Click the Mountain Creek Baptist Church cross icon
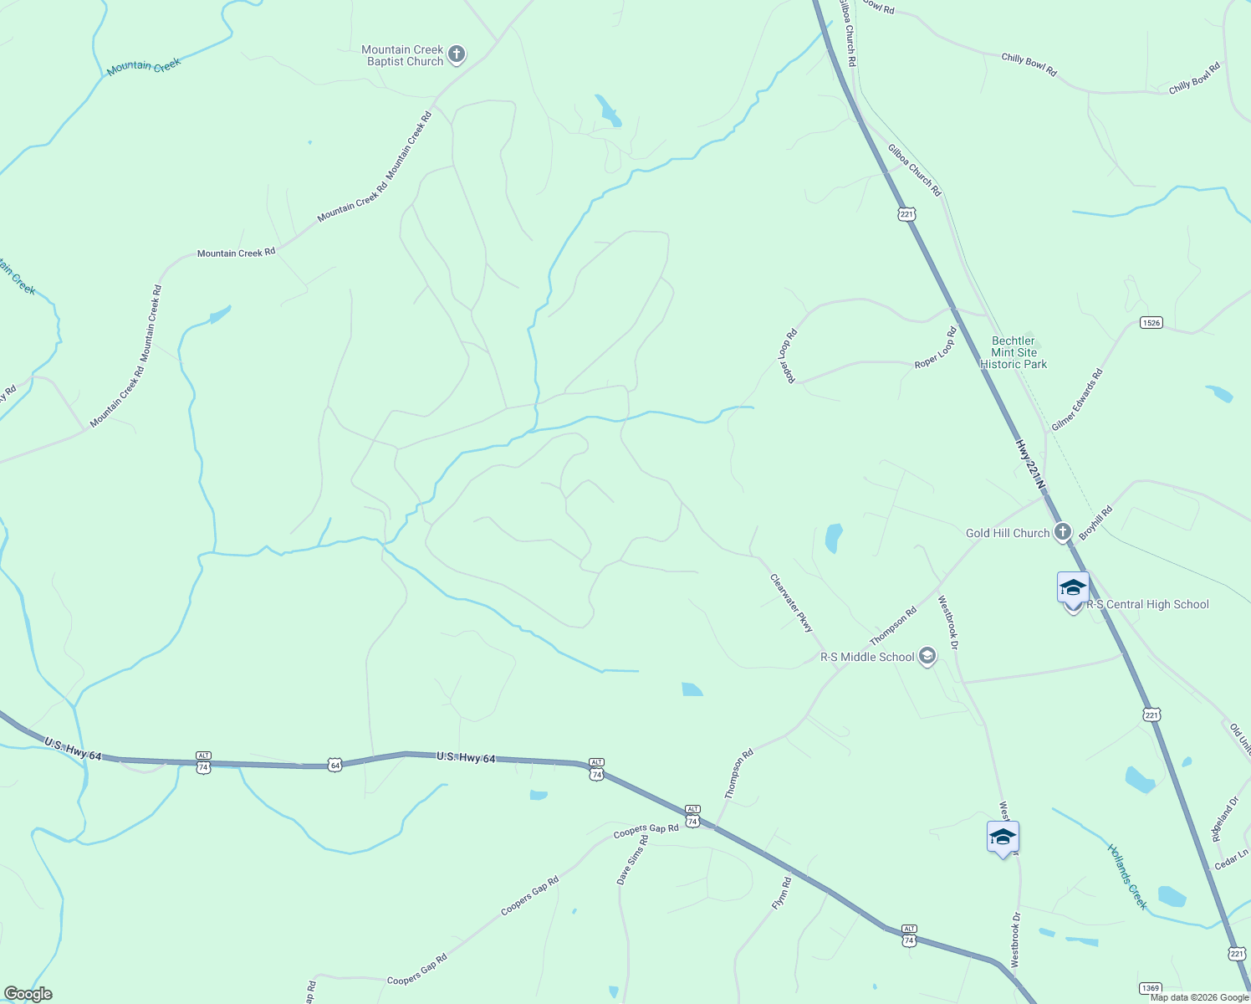click(456, 55)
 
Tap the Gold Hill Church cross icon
click(1062, 532)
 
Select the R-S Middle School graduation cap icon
click(927, 657)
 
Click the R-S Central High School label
click(1147, 605)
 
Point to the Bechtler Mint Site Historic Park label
click(1013, 352)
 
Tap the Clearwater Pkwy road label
click(791, 602)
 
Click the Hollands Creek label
click(1127, 876)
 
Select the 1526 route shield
click(1151, 322)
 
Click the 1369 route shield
click(1151, 988)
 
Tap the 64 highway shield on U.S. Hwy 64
click(334, 765)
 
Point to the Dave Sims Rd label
click(632, 859)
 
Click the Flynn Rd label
click(781, 894)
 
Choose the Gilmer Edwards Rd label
click(1077, 400)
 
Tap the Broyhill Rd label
click(1095, 523)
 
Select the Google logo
click(28, 994)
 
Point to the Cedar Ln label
click(1231, 858)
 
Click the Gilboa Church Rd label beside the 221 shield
click(914, 170)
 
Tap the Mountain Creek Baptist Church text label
click(403, 55)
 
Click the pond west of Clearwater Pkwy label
click(692, 689)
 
